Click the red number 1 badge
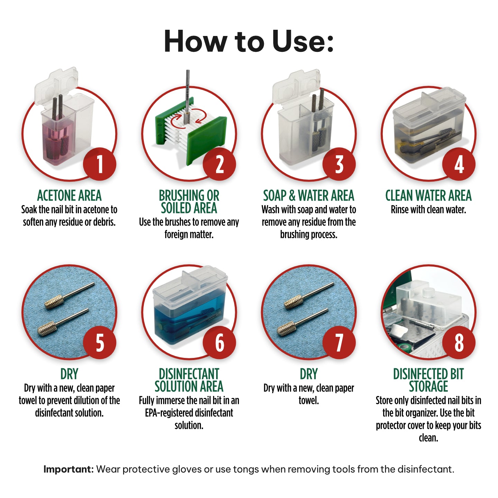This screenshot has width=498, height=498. pos(100,164)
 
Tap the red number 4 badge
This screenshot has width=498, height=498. pos(459,164)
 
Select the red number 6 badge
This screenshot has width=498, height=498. pos(220,342)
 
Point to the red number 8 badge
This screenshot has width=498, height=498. pos(459,342)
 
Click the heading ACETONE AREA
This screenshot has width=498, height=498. pos(69,196)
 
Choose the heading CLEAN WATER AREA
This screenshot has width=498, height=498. pos(428,196)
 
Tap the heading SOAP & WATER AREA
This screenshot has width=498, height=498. pos(308,196)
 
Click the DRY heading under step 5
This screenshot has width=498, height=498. pos(69,374)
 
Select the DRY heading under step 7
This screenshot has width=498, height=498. pos(308,374)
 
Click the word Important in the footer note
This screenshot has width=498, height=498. pos(68,469)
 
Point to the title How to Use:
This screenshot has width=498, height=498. pos(249,41)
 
